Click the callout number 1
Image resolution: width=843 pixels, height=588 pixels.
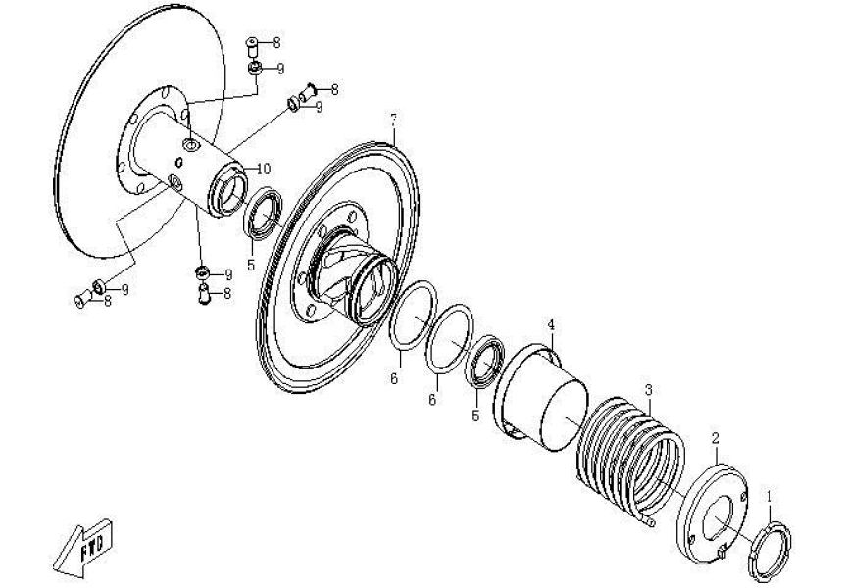[x=769, y=498]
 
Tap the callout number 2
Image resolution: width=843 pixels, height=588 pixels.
[x=716, y=437]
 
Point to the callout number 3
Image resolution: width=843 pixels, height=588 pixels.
[x=648, y=390]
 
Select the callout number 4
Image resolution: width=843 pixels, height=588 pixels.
[x=551, y=324]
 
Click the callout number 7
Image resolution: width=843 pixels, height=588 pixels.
[x=393, y=121]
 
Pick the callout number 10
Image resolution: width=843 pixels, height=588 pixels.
[x=265, y=169]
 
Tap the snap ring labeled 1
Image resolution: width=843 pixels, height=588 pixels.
[x=771, y=549]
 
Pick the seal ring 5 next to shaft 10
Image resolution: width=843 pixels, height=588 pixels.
[x=263, y=215]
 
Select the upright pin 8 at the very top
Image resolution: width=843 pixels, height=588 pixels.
[x=252, y=44]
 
